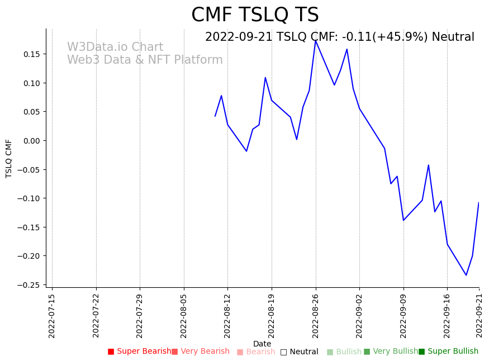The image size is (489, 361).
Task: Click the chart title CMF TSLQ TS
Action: [255, 15]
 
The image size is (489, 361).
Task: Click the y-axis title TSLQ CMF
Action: [9, 158]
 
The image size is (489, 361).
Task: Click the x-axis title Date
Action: [262, 344]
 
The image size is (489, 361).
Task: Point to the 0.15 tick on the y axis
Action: [31, 54]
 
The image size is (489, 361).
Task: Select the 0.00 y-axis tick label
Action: [31, 141]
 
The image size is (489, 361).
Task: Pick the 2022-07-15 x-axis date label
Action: [52, 316]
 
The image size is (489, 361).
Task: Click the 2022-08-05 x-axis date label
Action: [184, 316]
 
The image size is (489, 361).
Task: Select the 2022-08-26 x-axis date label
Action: [316, 316]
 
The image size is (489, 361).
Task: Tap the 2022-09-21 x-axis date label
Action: [479, 316]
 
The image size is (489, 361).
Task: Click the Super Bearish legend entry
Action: [139, 351]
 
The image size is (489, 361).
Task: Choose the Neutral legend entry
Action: [300, 352]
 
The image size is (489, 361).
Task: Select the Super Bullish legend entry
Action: [449, 351]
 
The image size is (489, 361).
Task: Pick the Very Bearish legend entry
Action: [201, 351]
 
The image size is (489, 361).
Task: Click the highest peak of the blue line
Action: [316, 40]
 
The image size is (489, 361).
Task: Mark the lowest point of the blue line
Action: [466, 275]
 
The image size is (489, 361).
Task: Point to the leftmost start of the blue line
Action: [215, 116]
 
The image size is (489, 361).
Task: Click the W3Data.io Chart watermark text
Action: [115, 47]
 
